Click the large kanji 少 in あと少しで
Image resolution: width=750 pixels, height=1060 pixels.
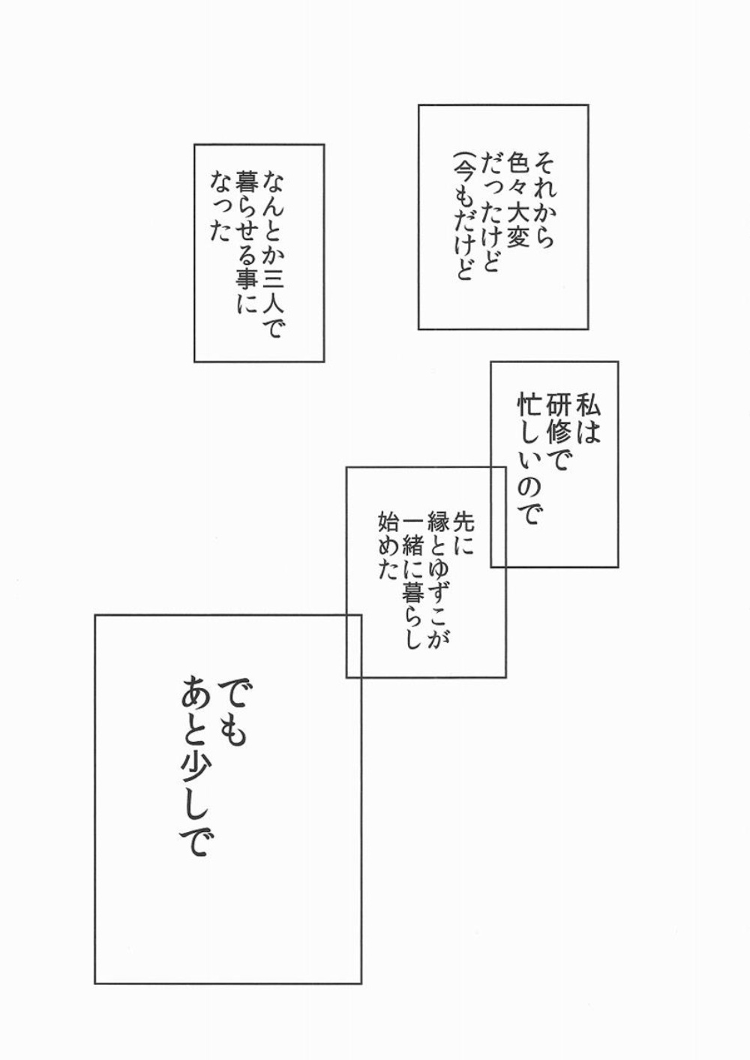tap(191, 780)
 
